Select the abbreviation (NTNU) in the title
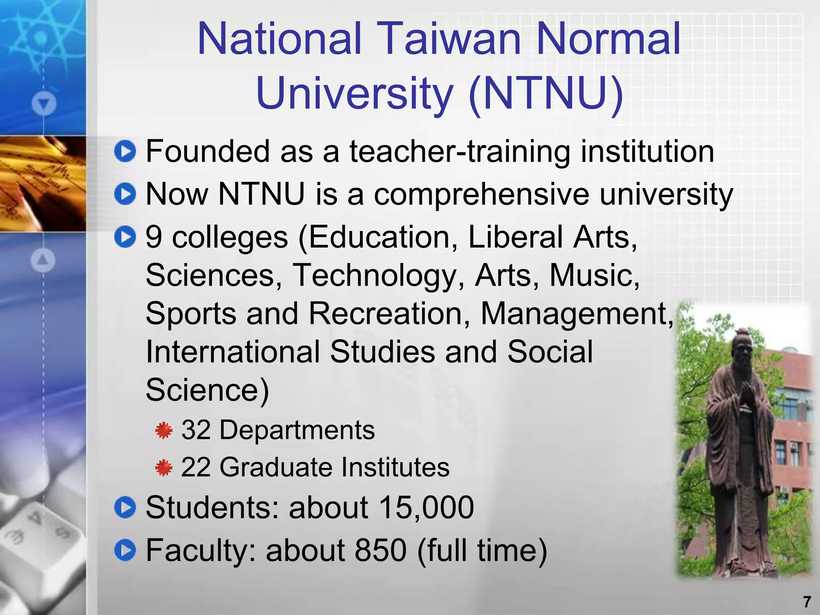coord(546,94)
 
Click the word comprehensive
coord(481,194)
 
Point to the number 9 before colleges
coord(154,237)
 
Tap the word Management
coord(577,313)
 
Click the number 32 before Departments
coord(196,430)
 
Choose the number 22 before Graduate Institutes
coord(196,467)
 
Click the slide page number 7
coord(807,602)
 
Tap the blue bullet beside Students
coord(125,507)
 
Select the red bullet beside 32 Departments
coord(163,430)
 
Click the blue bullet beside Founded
coord(125,151)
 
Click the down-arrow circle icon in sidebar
coord(44,104)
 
